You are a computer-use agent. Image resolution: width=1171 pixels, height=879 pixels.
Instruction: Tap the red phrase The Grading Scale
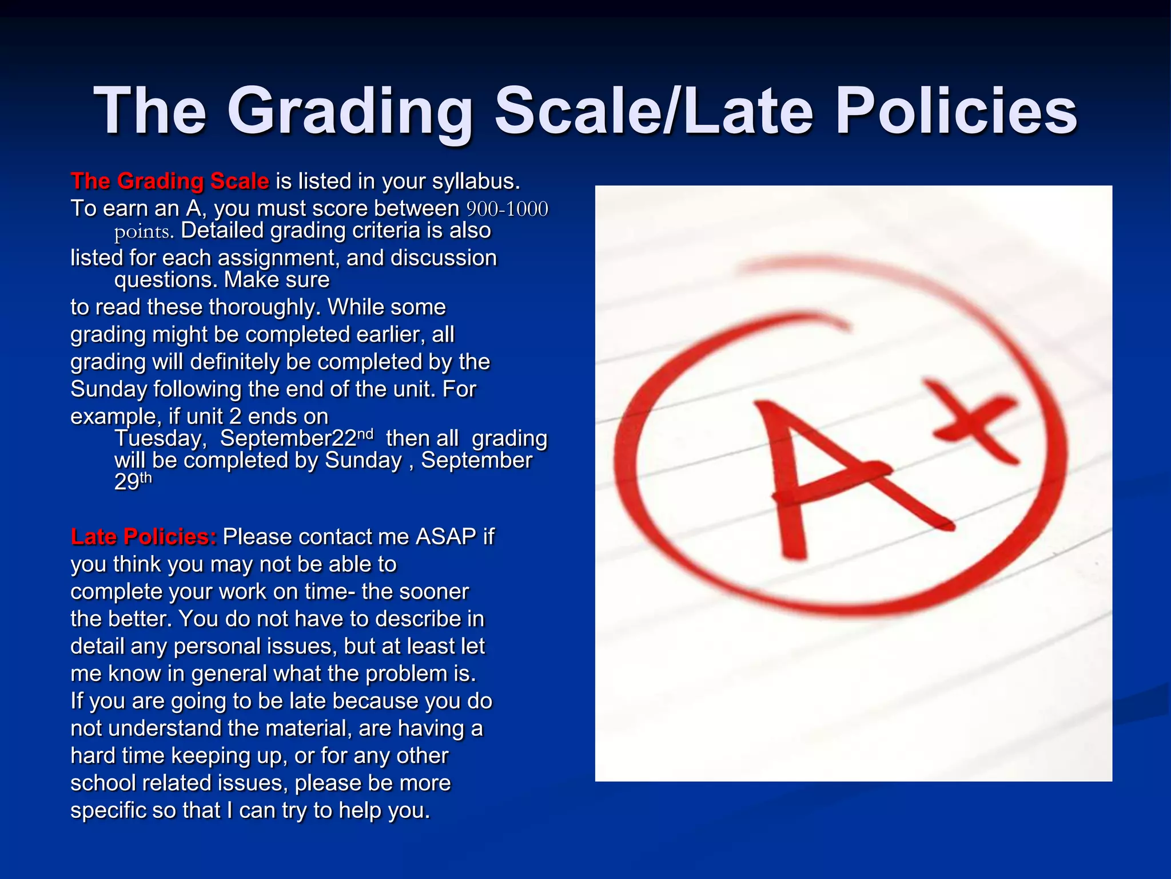pyautogui.click(x=170, y=181)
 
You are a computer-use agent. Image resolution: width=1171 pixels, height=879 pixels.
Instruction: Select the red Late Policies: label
pyautogui.click(x=144, y=537)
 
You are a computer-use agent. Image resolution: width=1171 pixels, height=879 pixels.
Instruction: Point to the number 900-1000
pyautogui.click(x=507, y=209)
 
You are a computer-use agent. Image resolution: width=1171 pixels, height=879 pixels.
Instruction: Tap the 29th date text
pyautogui.click(x=133, y=481)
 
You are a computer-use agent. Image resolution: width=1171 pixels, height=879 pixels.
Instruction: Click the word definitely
pyautogui.click(x=250, y=362)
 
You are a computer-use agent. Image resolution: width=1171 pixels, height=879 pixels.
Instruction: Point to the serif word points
pyautogui.click(x=144, y=232)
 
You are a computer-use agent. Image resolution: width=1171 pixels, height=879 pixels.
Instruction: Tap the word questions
pyautogui.click(x=165, y=280)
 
